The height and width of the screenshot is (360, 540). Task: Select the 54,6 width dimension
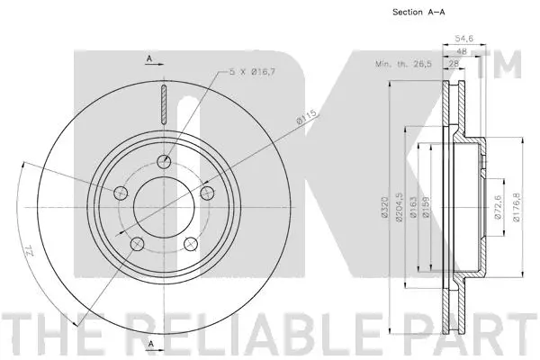(x=464, y=40)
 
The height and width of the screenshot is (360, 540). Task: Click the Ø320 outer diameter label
(x=385, y=209)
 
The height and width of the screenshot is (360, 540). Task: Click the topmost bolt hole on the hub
(x=164, y=162)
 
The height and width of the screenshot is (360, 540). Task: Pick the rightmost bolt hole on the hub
(x=206, y=193)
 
